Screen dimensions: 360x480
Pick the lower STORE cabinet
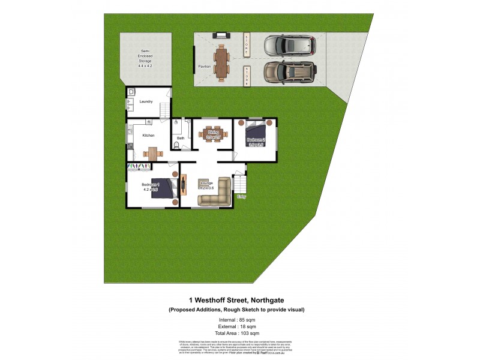pos(246,76)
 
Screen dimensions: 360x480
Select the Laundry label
pos(146,101)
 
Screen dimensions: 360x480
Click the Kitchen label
pos(148,136)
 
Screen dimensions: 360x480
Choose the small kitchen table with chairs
pos(152,153)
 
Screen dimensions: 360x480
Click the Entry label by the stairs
pos(242,196)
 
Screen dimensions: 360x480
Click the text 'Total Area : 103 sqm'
pos(236,333)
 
